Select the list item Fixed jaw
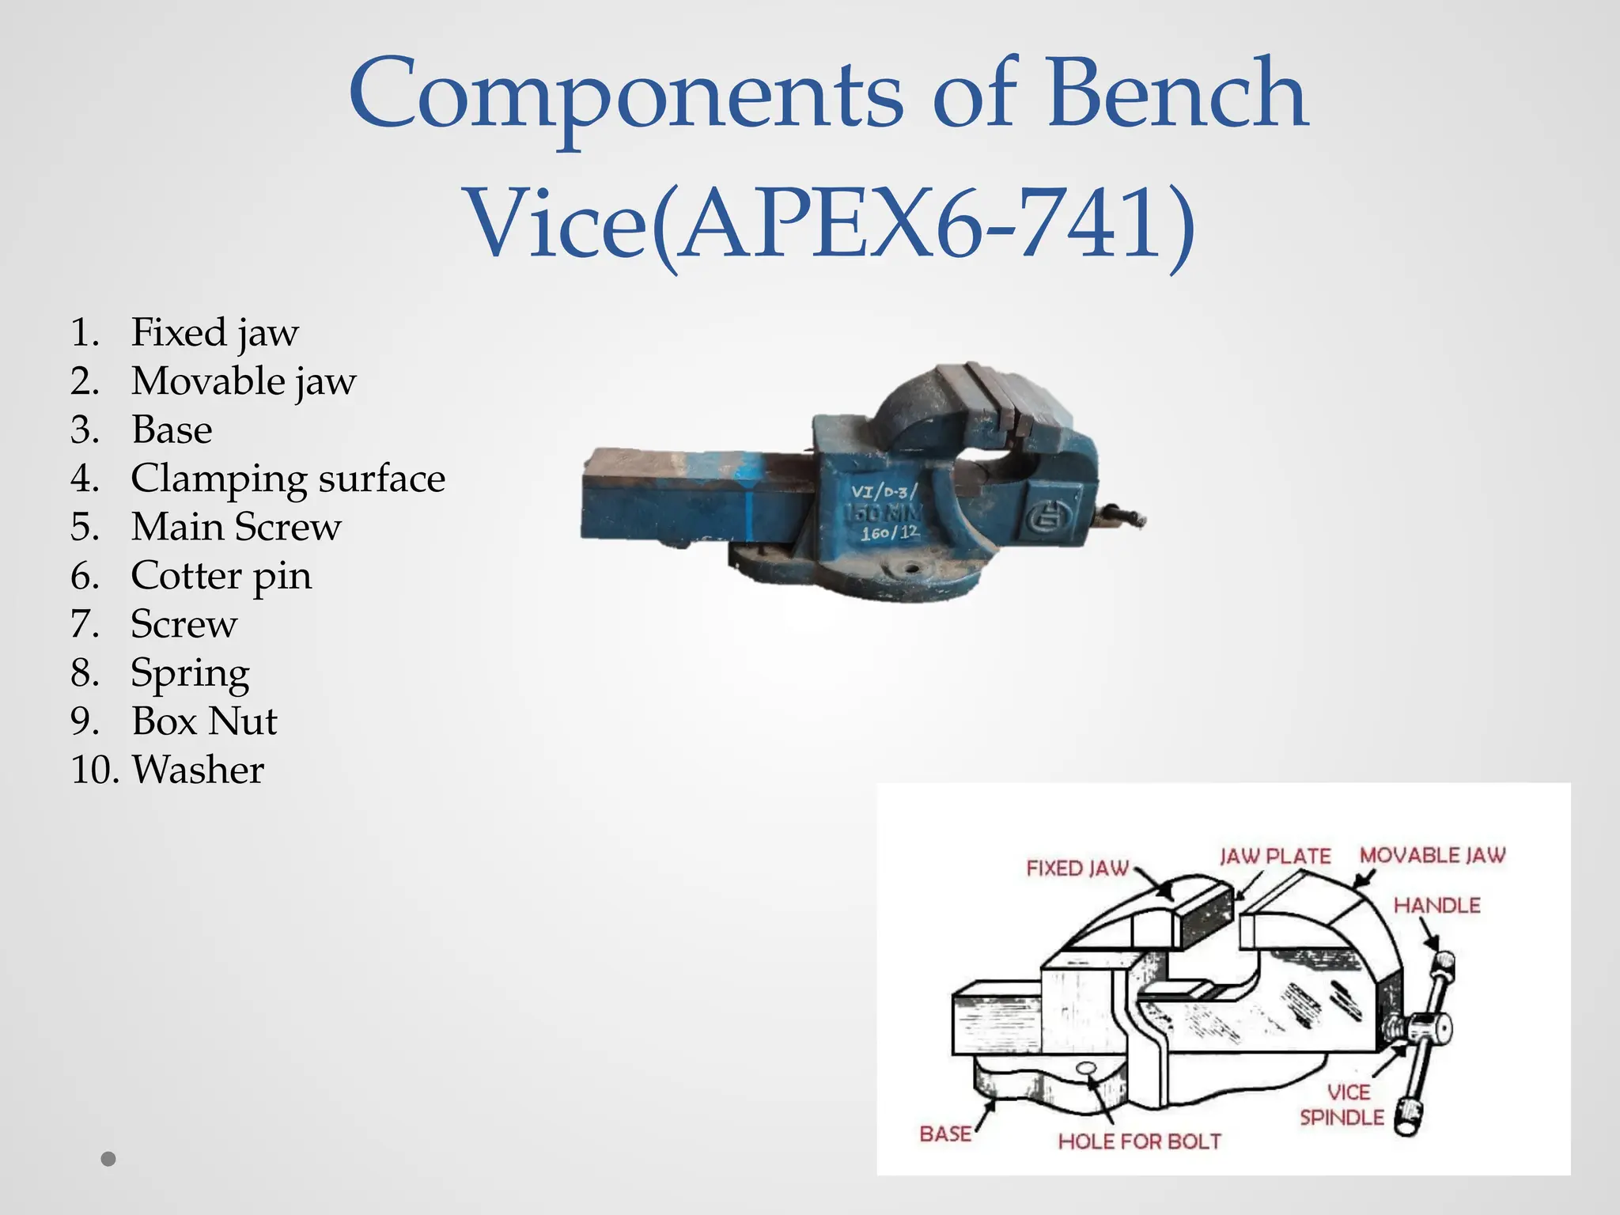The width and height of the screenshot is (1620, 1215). [214, 332]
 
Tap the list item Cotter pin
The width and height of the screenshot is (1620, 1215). [221, 576]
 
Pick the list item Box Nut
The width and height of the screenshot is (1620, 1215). [204, 721]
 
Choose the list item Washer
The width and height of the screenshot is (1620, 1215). [198, 770]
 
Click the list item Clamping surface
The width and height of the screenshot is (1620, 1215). [288, 479]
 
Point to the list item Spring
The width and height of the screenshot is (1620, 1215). [190, 673]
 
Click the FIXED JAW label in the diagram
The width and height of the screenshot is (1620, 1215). [1077, 868]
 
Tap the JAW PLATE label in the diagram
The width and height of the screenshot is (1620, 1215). [1275, 856]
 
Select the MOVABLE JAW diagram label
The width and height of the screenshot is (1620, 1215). [1433, 855]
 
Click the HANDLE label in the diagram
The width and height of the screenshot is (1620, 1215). [1436, 905]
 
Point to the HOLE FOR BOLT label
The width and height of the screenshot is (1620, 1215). [1139, 1141]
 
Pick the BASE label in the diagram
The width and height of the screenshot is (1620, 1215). [945, 1134]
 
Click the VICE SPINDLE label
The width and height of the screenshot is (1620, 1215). [1343, 1105]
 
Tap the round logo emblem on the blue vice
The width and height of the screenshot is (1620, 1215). [1049, 520]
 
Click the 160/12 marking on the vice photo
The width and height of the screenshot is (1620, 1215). [890, 533]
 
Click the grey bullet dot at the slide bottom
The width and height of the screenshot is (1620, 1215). [109, 1159]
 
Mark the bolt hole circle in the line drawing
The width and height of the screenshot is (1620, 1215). [1087, 1069]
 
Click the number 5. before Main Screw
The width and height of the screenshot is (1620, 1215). [85, 528]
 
